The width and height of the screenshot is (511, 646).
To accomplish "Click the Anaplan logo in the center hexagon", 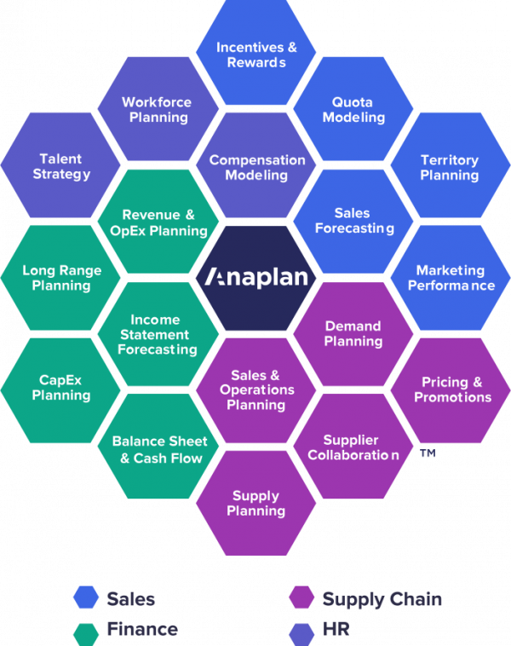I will (255, 278).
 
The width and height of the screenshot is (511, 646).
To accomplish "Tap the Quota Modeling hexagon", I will (353, 110).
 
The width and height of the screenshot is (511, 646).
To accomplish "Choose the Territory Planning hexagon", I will (450, 167).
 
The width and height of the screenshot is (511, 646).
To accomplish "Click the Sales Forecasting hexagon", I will (353, 221).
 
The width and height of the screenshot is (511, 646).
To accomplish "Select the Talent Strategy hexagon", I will (61, 167).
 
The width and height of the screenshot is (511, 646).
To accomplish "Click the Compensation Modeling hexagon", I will (256, 167).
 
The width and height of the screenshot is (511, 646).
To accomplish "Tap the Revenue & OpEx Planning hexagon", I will (158, 222).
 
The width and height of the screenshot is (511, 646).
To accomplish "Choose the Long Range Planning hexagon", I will (61, 278).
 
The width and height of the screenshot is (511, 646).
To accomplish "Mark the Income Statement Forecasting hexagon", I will (158, 334).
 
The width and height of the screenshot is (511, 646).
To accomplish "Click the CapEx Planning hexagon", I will (61, 388).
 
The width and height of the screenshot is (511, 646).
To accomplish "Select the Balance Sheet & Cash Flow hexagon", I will (158, 449).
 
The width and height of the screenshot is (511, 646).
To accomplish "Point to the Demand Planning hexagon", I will (353, 333).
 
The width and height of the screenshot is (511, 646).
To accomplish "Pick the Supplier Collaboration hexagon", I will (353, 447).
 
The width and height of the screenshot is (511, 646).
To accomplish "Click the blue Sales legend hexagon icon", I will (86, 598).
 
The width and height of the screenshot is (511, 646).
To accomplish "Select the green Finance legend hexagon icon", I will (86, 630).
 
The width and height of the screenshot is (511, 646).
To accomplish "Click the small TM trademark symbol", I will (428, 454).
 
